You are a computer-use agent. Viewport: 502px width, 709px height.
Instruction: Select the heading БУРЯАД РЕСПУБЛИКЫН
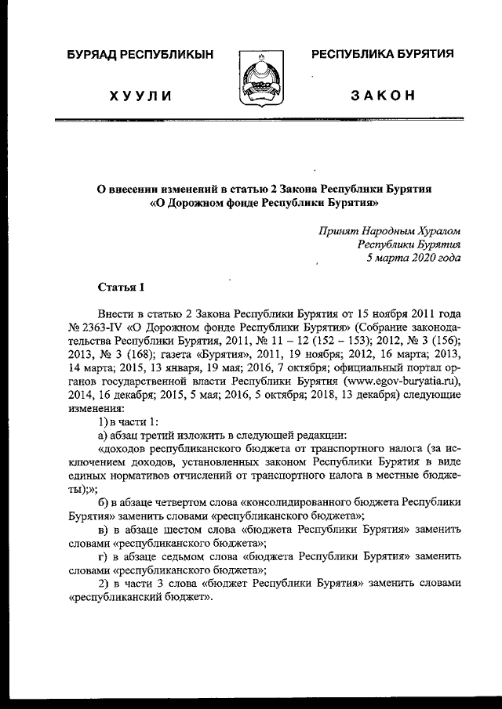[x=140, y=54]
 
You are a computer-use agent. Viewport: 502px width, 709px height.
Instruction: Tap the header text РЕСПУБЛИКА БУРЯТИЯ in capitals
[x=384, y=53]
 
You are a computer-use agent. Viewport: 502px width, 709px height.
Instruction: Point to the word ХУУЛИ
[x=140, y=96]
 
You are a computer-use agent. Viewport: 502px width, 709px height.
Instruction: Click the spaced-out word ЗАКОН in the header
[x=383, y=96]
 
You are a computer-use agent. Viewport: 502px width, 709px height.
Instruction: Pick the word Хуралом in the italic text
[x=440, y=230]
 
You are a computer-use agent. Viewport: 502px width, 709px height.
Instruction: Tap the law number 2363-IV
[x=100, y=325]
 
